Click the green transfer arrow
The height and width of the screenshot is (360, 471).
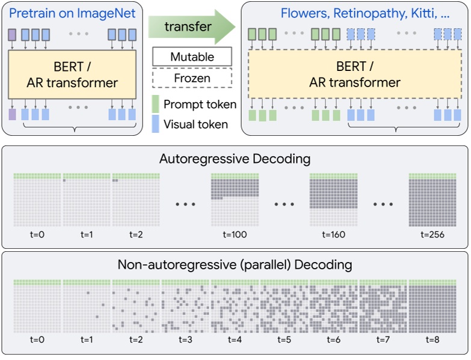pyautogui.click(x=191, y=26)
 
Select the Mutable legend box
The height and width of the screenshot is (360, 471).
pyautogui.click(x=192, y=57)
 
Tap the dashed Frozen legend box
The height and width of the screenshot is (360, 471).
pyautogui.click(x=192, y=78)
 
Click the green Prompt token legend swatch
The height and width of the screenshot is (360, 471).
pyautogui.click(x=155, y=105)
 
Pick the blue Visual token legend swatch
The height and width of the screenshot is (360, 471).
pyautogui.click(x=155, y=124)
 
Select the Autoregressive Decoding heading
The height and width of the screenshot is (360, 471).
pyautogui.click(x=235, y=159)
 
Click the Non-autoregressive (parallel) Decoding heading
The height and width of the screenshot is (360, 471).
pyautogui.click(x=235, y=264)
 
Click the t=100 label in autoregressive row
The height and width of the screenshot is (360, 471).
pyautogui.click(x=235, y=234)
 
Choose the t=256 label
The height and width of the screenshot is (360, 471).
pyautogui.click(x=433, y=234)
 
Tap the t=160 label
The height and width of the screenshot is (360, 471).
pyautogui.click(x=334, y=234)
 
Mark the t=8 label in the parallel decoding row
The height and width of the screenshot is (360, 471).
pyautogui.click(x=433, y=340)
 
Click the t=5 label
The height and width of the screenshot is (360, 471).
pyautogui.click(x=285, y=340)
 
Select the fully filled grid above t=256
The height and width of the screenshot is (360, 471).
pyautogui.click(x=433, y=201)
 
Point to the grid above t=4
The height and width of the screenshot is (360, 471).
pyautogui.click(x=235, y=306)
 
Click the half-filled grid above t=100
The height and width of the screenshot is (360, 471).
pyautogui.click(x=235, y=201)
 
